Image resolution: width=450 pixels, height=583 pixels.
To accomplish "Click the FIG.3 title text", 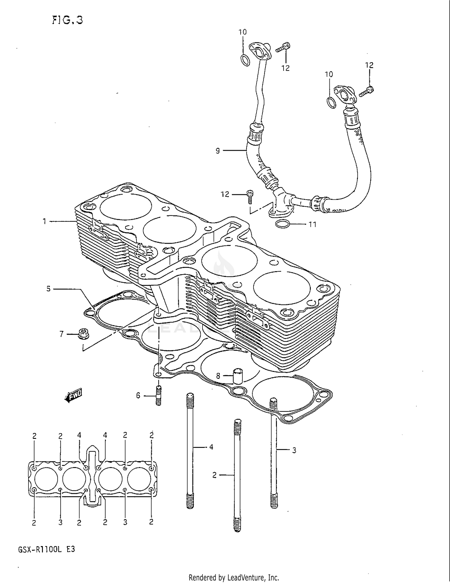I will click(67, 20).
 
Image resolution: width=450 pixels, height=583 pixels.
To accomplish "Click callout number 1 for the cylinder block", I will click(44, 221).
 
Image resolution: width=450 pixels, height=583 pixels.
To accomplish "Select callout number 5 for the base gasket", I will click(48, 289).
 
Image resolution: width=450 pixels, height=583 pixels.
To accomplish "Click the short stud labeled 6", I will click(158, 396).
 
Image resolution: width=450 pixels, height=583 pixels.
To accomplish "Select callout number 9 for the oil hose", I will click(218, 150).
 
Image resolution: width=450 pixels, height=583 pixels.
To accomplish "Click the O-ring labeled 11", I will click(282, 224).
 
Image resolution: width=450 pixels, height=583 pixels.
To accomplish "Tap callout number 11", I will click(313, 224).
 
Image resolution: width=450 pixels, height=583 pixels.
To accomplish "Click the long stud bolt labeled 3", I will click(274, 454).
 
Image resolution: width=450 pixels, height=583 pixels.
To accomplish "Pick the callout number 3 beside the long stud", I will click(294, 450).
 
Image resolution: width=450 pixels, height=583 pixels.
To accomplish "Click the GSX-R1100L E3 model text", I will click(46, 549).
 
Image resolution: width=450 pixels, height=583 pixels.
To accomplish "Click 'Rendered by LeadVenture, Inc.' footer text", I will click(234, 577).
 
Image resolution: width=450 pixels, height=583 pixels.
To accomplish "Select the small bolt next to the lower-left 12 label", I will click(249, 197).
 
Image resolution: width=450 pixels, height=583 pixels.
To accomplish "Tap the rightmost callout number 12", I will click(369, 65).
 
